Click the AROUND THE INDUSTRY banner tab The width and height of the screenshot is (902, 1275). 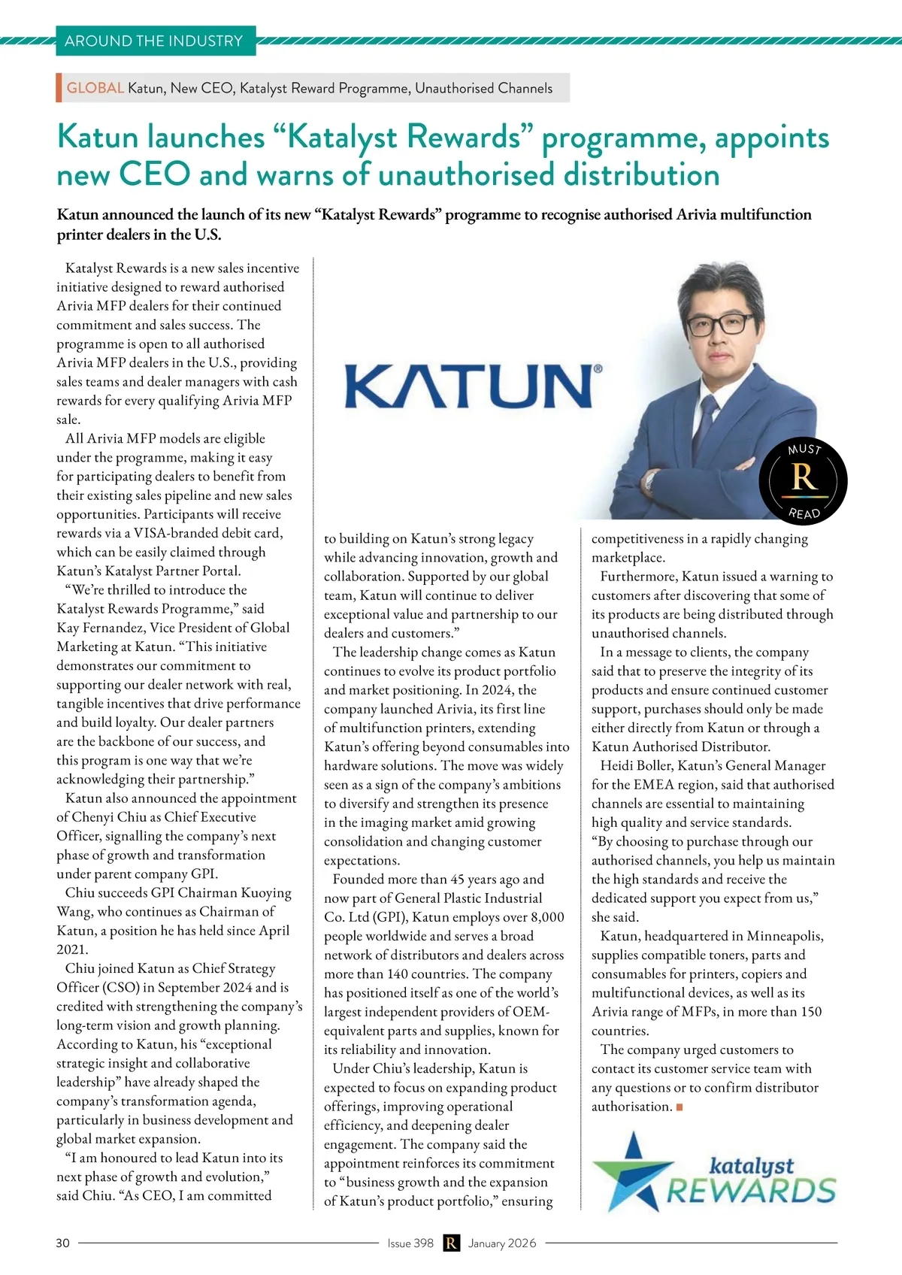point(155,41)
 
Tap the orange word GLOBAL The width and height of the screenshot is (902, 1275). point(95,88)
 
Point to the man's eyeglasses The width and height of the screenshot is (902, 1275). point(719,324)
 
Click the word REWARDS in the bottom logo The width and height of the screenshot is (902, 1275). point(751,1192)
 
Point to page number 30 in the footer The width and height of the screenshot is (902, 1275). point(62,1243)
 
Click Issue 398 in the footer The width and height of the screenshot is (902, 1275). point(410,1243)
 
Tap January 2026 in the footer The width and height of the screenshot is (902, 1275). point(502,1243)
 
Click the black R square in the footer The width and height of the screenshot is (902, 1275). point(451,1243)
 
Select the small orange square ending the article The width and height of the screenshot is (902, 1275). point(680,1107)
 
